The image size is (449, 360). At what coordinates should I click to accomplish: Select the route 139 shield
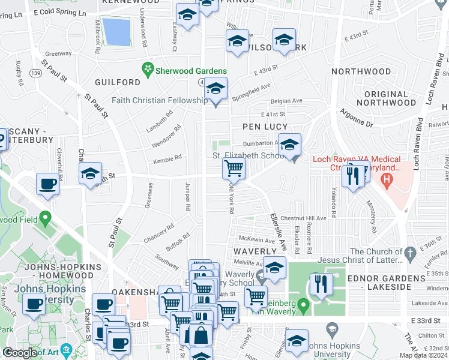tap(35, 73)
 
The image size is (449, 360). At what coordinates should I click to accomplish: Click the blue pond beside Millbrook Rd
tap(115, 31)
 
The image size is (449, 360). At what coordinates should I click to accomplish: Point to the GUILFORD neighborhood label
tap(117, 82)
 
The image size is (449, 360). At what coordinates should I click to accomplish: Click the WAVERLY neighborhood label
tap(254, 251)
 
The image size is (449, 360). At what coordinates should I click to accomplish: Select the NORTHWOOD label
tap(361, 71)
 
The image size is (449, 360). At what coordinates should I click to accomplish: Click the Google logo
tap(19, 353)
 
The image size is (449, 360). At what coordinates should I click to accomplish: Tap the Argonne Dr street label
tap(358, 121)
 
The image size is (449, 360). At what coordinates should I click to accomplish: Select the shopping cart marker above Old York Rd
tap(234, 168)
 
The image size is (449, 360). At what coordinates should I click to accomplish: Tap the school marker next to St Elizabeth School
tap(289, 145)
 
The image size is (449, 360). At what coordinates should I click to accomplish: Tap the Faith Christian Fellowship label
tap(158, 100)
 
